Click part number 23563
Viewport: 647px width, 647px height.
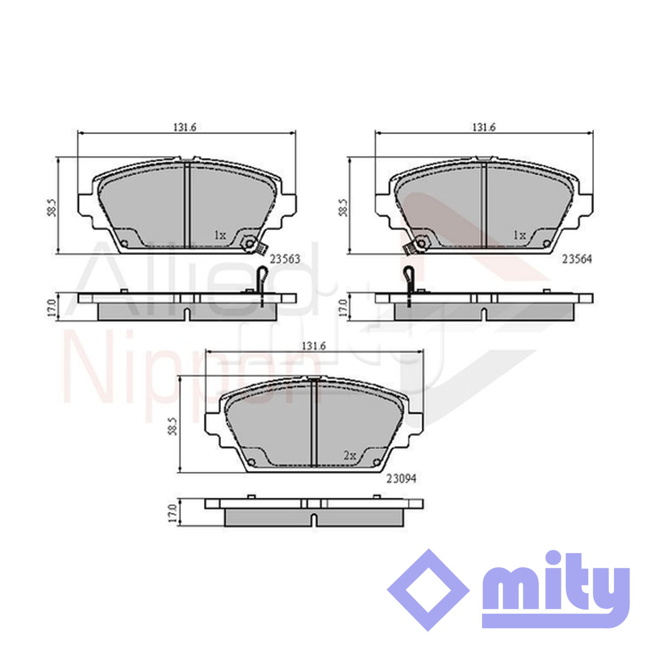click(285, 259)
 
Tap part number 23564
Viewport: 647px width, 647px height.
click(577, 259)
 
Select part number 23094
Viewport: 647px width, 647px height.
click(401, 478)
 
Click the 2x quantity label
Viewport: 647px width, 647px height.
click(349, 455)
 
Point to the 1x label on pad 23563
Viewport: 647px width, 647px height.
click(220, 236)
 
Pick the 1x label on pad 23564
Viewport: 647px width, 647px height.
click(519, 236)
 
